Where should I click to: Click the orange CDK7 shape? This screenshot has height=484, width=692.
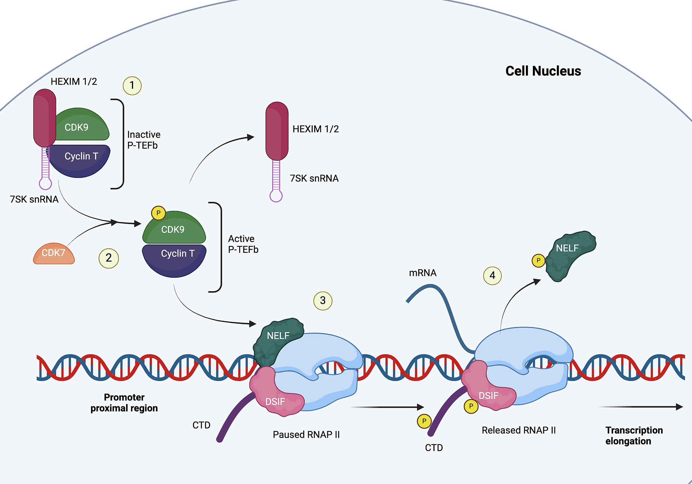(x=54, y=254)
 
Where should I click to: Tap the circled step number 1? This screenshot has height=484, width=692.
(x=132, y=85)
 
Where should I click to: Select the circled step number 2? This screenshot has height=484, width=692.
(x=109, y=258)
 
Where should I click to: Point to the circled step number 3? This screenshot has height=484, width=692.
(x=323, y=300)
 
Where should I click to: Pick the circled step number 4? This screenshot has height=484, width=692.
(x=492, y=275)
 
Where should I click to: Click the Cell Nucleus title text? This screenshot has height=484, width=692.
(x=543, y=71)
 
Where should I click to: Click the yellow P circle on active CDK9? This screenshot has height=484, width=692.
(x=158, y=213)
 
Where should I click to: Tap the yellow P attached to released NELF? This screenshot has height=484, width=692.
(x=538, y=260)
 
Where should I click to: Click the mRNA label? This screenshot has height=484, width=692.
(x=423, y=273)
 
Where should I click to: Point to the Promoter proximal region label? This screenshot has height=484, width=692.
(x=124, y=403)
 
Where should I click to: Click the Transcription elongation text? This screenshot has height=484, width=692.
(x=634, y=436)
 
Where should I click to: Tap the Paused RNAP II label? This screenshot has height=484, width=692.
(x=306, y=434)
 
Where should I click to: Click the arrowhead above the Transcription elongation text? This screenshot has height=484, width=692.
(x=679, y=407)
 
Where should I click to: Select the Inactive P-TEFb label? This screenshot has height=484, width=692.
(x=143, y=140)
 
